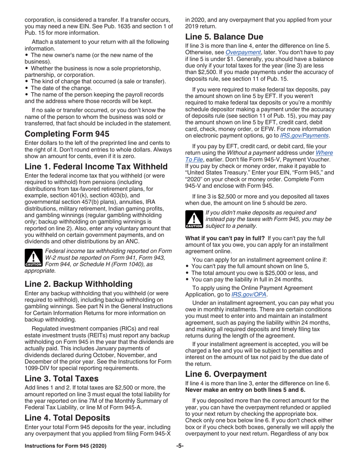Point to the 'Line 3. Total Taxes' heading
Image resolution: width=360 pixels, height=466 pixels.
[61, 378]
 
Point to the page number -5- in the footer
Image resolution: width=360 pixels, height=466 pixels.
[180, 456]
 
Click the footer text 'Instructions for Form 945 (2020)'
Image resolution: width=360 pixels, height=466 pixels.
[66, 456]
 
